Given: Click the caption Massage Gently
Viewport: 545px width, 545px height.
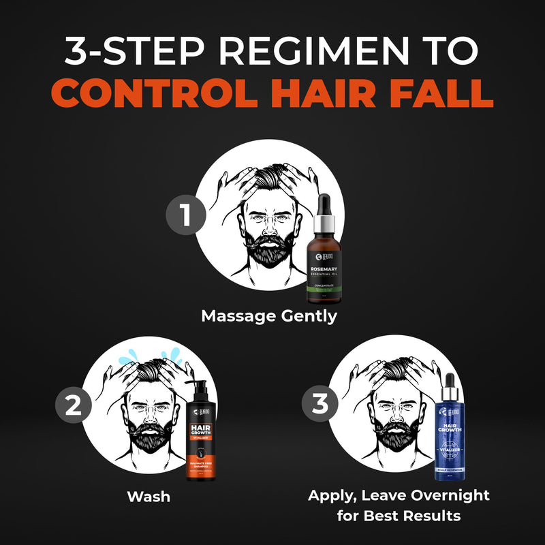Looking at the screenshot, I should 269,317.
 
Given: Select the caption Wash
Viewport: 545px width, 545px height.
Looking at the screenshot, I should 148,496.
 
